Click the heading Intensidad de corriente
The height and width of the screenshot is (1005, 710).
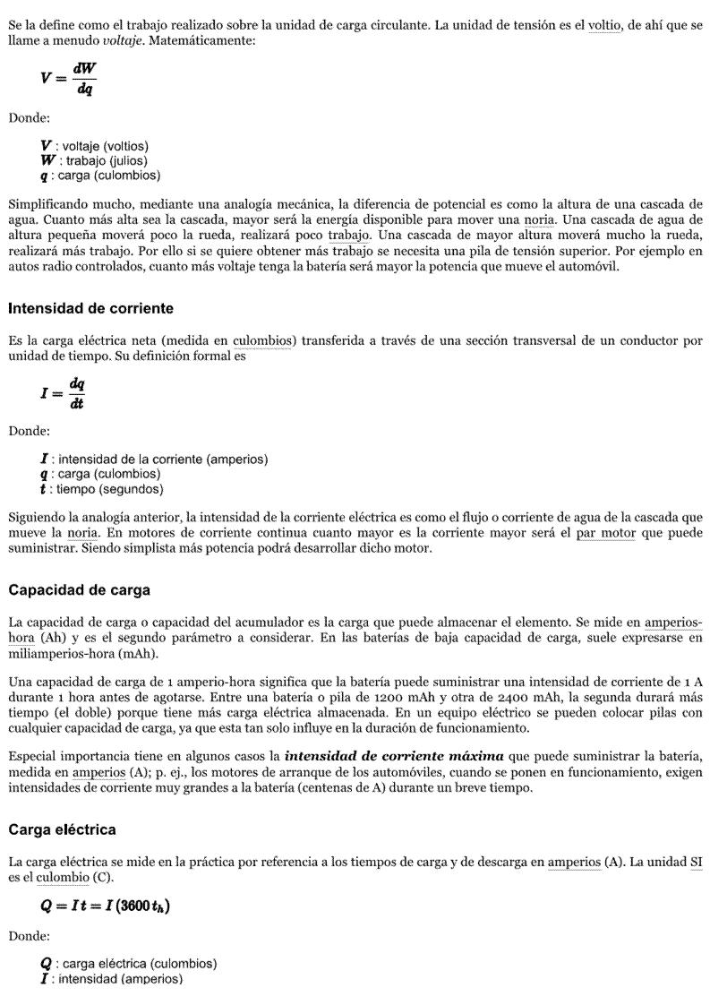90,308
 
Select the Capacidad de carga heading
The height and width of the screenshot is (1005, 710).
79,590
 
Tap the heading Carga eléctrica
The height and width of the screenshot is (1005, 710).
62,829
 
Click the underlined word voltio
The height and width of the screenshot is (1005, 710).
606,25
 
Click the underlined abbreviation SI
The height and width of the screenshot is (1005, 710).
697,862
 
